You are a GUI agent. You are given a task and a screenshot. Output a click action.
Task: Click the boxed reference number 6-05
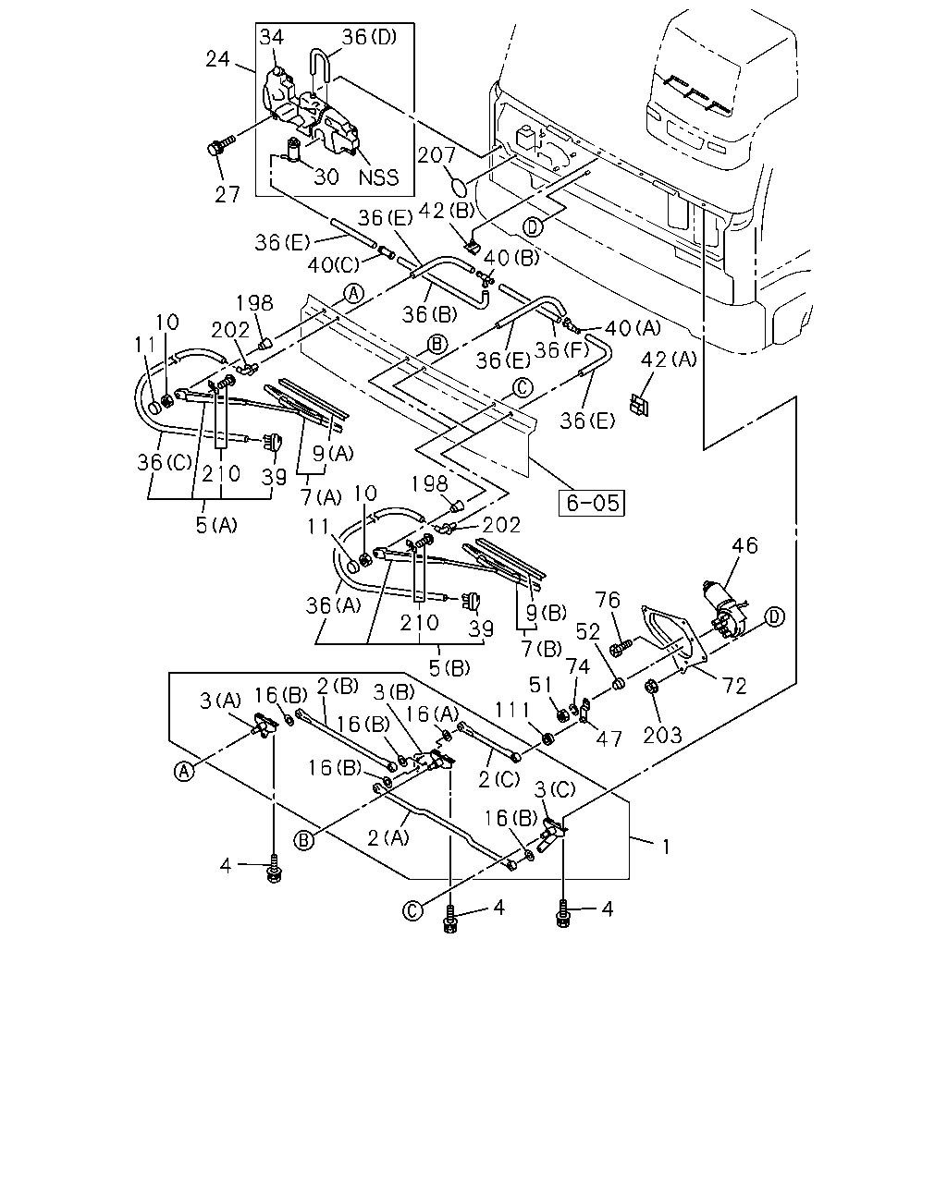point(592,503)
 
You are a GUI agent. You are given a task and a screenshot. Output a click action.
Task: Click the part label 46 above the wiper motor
point(744,545)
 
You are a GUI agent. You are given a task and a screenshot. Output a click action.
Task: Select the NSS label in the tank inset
point(378,177)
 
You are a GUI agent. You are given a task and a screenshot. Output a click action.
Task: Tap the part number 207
point(437,155)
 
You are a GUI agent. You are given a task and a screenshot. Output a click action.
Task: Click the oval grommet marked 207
point(458,185)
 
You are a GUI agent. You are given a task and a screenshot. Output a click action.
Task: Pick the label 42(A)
point(669,360)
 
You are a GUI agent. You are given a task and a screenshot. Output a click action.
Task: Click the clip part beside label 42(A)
point(639,405)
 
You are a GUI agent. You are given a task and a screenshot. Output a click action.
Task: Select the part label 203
point(662,735)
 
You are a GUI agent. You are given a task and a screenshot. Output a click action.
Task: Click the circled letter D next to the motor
point(774,616)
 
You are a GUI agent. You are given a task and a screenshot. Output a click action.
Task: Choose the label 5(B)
point(449,668)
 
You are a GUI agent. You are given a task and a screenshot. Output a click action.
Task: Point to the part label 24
point(217,59)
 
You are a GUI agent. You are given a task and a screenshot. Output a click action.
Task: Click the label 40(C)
point(333,265)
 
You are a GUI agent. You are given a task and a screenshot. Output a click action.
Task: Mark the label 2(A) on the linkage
point(387,837)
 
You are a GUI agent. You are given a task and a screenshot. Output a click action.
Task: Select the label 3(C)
point(555,789)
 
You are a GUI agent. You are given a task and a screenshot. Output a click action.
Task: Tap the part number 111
point(512,710)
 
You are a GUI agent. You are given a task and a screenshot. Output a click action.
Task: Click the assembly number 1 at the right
point(666,848)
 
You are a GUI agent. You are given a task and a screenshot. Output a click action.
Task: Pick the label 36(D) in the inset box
point(369,37)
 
